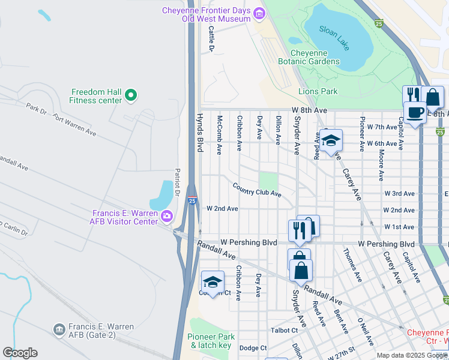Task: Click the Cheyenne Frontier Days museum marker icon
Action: pyautogui.click(x=259, y=13)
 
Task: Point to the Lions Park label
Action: pyautogui.click(x=318, y=92)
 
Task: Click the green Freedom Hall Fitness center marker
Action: pyautogui.click(x=130, y=94)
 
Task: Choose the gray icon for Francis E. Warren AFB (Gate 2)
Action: pyautogui.click(x=59, y=329)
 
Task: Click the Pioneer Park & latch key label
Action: pyautogui.click(x=210, y=341)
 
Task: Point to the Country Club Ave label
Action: pyautogui.click(x=257, y=190)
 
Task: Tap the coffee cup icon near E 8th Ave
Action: pyautogui.click(x=414, y=112)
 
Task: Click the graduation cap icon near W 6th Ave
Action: pyautogui.click(x=330, y=141)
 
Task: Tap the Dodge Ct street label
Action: pyautogui.click(x=253, y=348)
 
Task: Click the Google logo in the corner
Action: pyautogui.click(x=20, y=353)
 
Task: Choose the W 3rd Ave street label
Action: pyautogui.click(x=399, y=194)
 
